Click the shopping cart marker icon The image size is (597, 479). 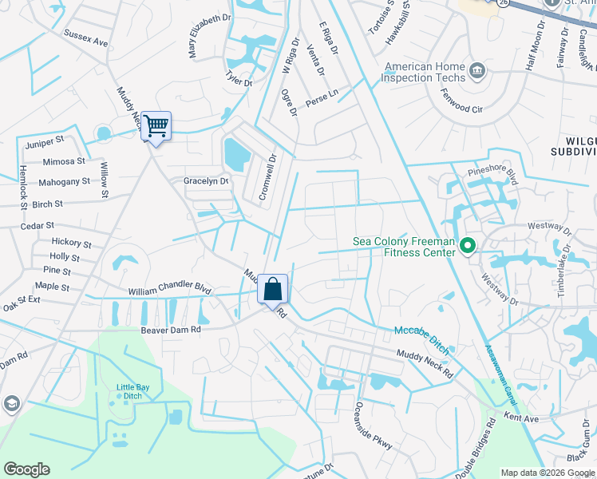(x=156, y=125)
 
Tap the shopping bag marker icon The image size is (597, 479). (x=272, y=289)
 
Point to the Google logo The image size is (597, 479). (x=26, y=469)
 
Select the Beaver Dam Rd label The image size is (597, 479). (x=171, y=329)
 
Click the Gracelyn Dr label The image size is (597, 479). (x=206, y=181)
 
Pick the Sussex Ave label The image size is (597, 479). (x=85, y=38)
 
